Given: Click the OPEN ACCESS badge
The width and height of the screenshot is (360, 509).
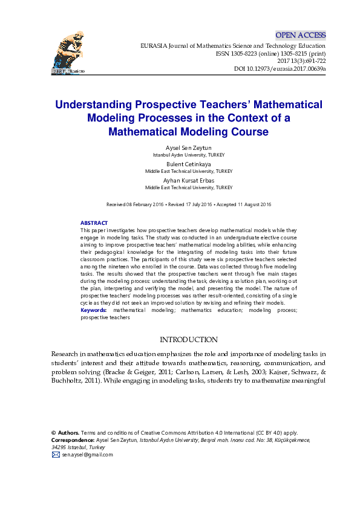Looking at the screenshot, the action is [x=300, y=35].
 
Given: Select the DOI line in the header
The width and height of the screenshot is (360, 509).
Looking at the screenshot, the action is [x=280, y=69].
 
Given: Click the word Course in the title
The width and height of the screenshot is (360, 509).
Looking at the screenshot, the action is [x=248, y=131].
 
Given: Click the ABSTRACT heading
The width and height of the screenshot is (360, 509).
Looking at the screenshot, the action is [x=94, y=223].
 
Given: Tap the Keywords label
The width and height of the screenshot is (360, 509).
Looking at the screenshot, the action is [x=94, y=310].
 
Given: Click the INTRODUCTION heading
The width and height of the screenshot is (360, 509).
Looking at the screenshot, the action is [x=188, y=340].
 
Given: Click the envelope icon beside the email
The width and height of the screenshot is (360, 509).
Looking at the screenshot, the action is [x=56, y=455].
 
